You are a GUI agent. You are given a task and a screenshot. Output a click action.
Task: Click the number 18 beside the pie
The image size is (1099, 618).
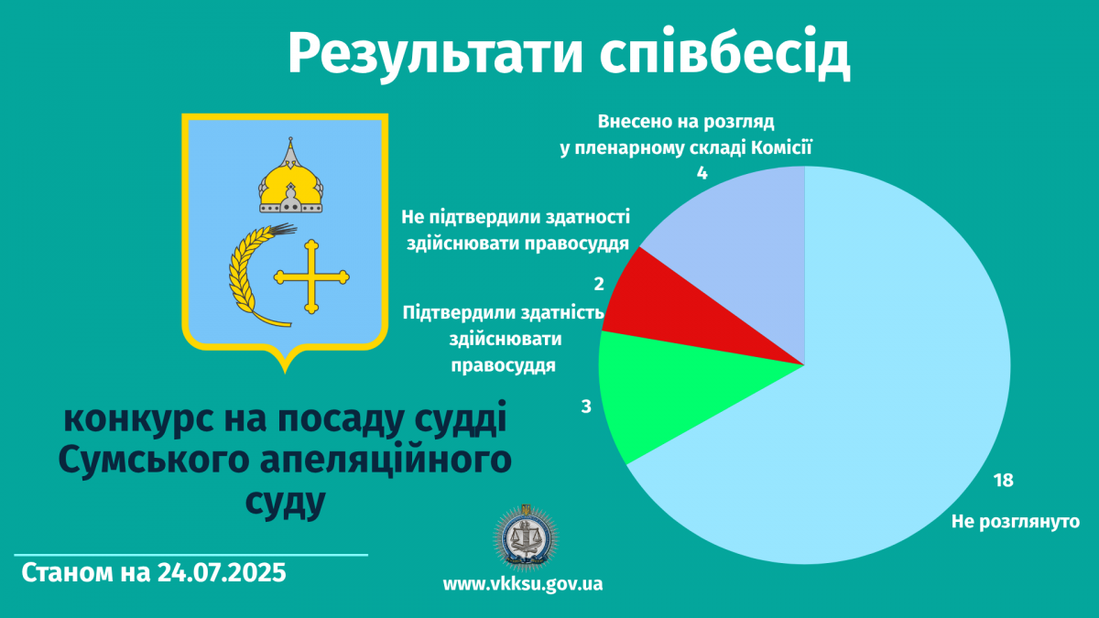1004,480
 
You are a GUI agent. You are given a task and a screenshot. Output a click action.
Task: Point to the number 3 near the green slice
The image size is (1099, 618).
586,407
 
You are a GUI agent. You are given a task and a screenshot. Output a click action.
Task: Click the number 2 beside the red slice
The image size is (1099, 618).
599,284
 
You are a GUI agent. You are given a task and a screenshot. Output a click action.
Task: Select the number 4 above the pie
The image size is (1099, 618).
702,173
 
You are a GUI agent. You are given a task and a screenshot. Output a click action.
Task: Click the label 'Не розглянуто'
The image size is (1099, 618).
1016,521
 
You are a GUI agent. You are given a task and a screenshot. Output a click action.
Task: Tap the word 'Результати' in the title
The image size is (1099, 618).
435,53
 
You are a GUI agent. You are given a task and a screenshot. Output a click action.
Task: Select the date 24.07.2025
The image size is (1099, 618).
222,572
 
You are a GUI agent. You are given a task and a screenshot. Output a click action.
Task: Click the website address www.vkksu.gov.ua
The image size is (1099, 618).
523,584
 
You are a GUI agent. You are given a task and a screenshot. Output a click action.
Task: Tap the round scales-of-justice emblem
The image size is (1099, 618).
526,537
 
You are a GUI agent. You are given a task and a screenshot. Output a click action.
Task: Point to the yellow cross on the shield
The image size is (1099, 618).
311,277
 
